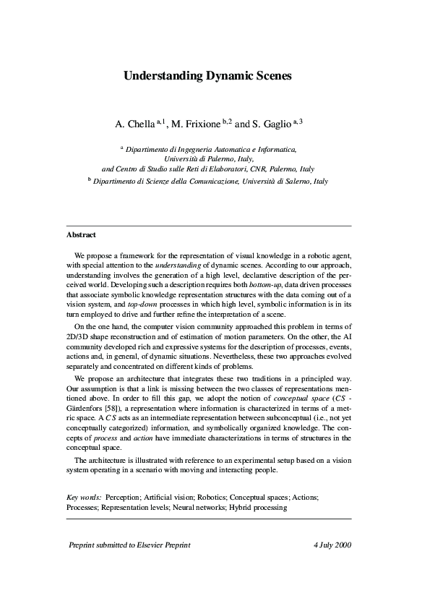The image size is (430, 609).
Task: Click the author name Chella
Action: [x=141, y=124]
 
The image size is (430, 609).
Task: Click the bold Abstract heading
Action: [x=81, y=235]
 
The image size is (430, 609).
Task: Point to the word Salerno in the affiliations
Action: [x=293, y=182]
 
